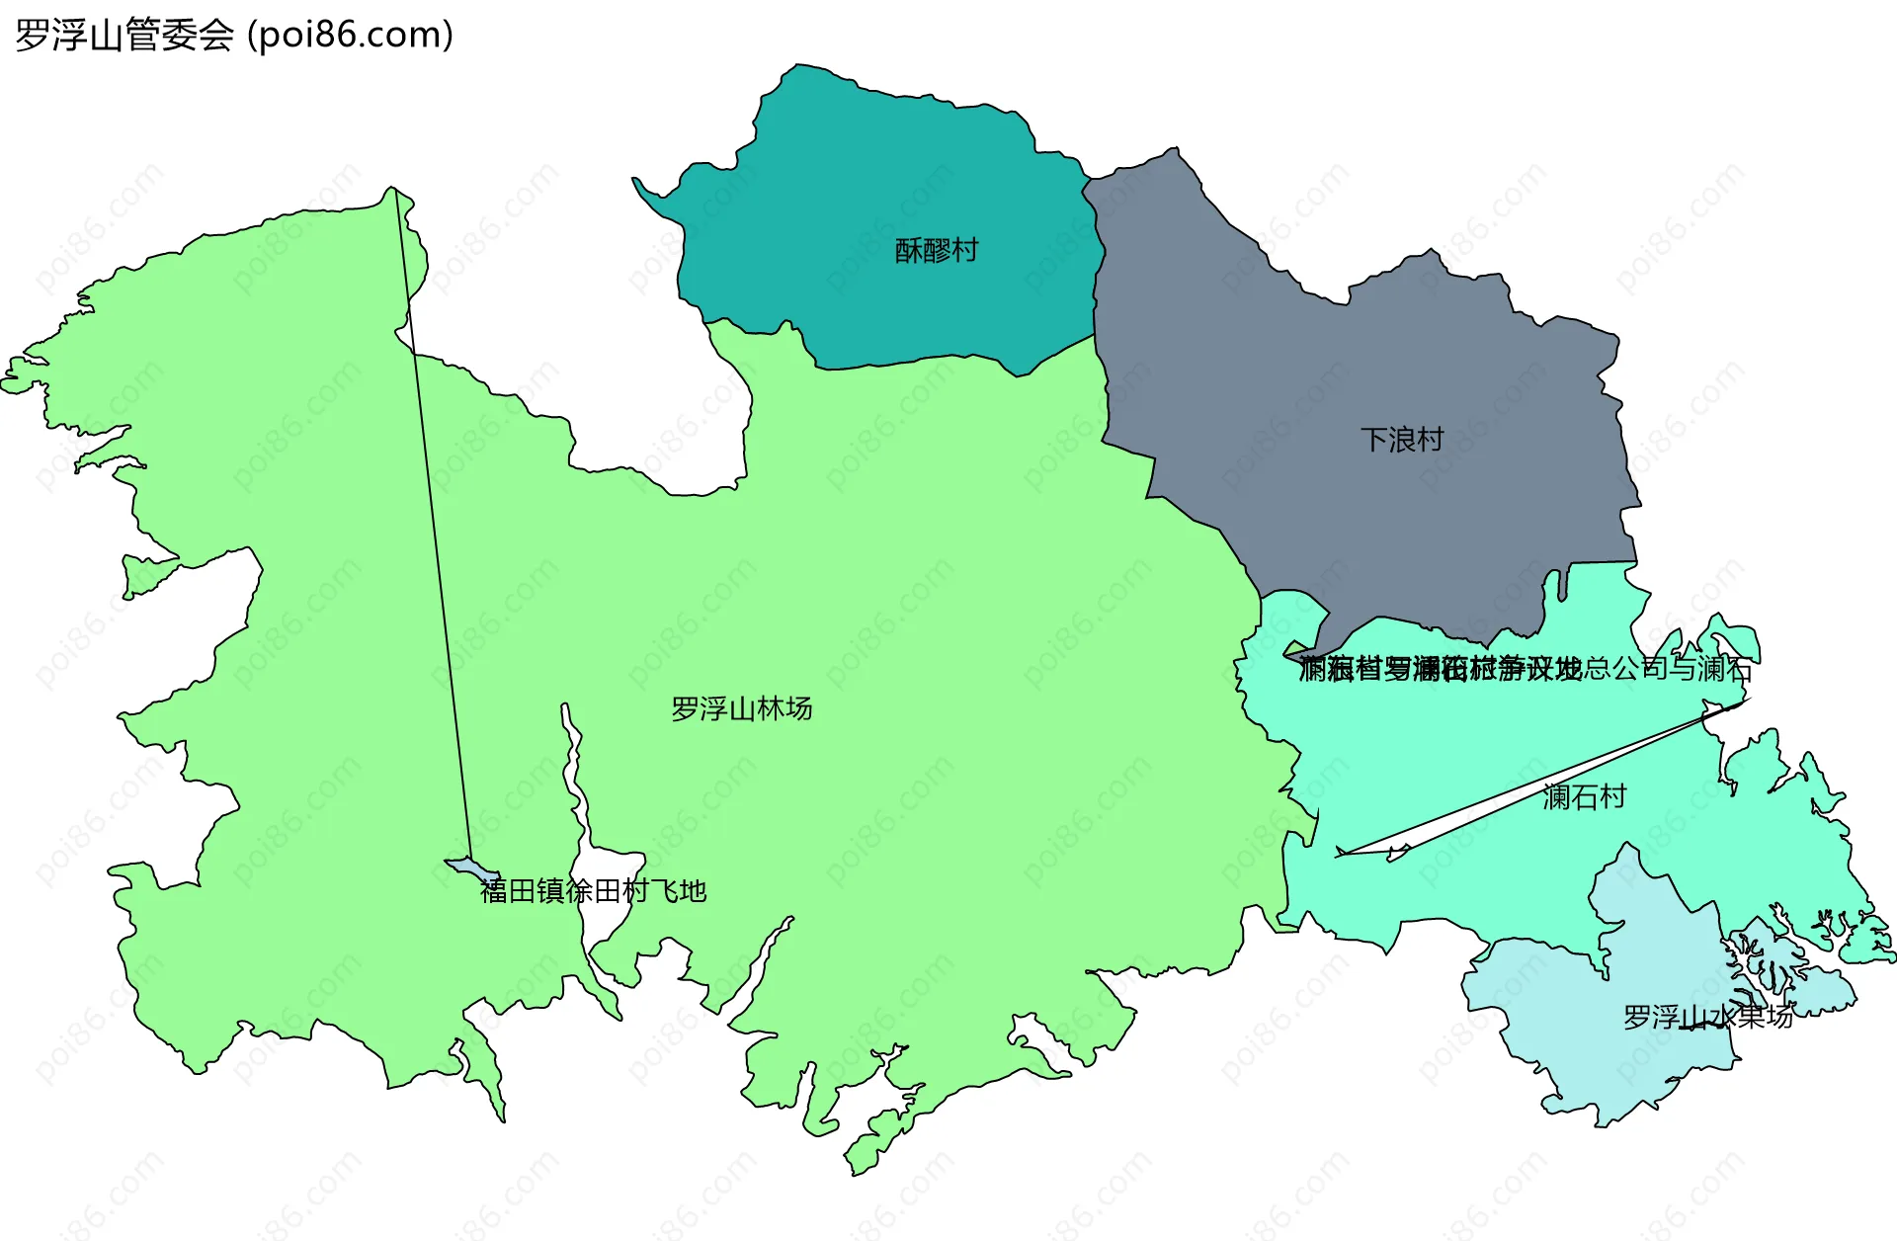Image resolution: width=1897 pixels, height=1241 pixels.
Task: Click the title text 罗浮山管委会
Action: (124, 36)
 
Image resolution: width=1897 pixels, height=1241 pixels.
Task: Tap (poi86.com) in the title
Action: (350, 36)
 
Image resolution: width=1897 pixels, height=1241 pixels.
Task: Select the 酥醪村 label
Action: (936, 250)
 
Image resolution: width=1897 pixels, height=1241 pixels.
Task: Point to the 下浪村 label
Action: (1402, 439)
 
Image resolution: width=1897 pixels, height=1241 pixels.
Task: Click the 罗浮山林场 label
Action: (741, 708)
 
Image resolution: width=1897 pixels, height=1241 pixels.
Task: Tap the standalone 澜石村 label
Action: (1584, 796)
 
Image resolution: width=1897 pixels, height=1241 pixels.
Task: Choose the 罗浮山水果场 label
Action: (1707, 1017)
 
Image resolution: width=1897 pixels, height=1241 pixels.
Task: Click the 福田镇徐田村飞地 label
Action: (593, 891)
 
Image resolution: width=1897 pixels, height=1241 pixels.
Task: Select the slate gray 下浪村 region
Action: (1383, 356)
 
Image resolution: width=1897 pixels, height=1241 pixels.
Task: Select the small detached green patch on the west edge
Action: (143, 575)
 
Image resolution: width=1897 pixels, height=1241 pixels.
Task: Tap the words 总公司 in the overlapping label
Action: (1611, 669)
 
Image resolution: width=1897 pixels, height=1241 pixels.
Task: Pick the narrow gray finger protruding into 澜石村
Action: (1562, 584)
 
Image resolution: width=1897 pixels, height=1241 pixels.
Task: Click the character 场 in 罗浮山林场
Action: (799, 708)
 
